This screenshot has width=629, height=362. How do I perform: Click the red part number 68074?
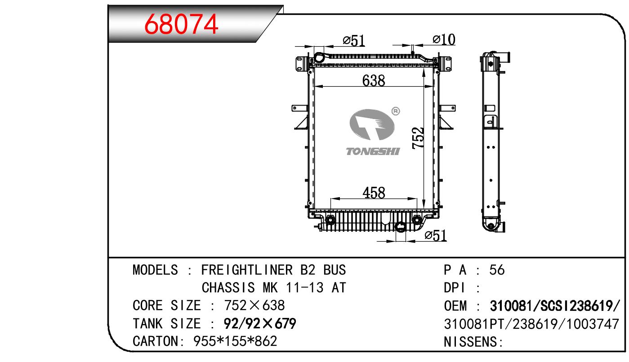181,24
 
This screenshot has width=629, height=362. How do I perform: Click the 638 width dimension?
374,81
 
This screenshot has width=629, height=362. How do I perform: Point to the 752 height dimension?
418,138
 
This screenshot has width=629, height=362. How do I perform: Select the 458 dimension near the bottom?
374,193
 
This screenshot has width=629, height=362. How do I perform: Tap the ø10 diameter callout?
444,40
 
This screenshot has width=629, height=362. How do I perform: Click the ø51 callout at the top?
354,41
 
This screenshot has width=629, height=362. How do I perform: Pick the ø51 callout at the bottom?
436,235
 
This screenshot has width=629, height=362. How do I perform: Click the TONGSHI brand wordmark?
373,151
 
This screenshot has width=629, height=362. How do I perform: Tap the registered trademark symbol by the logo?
395,111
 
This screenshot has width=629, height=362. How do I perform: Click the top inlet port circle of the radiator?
319,58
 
